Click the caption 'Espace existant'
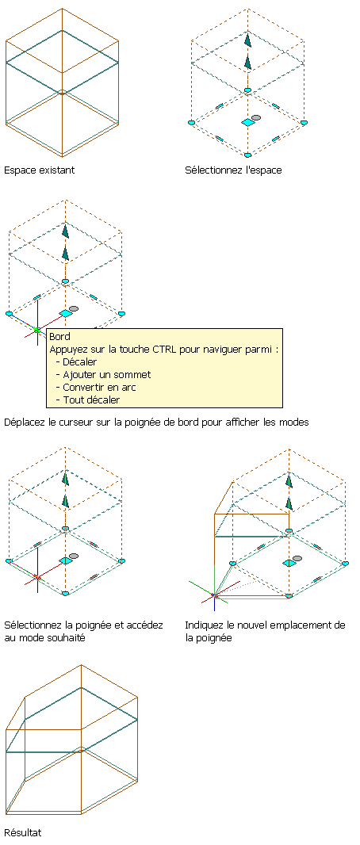(40, 170)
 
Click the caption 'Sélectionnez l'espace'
(233, 170)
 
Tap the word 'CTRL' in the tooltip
(170, 350)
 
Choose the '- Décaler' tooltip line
(76, 361)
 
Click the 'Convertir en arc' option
(100, 388)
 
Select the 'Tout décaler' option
(91, 400)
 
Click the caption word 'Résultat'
(22, 832)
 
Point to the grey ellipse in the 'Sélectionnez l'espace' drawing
(256, 117)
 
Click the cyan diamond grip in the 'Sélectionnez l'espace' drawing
(247, 123)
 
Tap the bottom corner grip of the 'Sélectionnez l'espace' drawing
(247, 155)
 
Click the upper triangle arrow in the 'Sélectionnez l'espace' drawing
(247, 40)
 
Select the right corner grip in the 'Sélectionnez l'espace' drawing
(304, 123)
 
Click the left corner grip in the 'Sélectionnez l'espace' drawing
(191, 123)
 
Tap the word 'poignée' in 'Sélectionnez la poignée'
(100, 625)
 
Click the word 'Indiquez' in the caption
(202, 625)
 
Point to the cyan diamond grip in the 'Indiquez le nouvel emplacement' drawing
(289, 563)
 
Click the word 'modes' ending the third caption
(295, 422)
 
